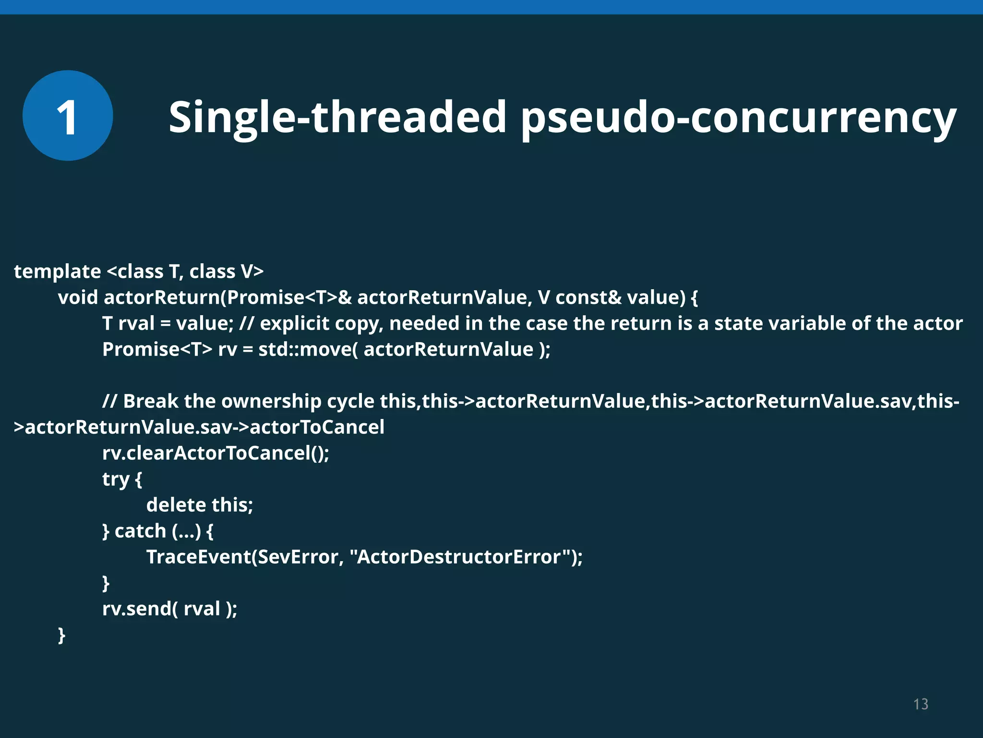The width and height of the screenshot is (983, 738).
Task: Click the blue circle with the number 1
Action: click(x=68, y=116)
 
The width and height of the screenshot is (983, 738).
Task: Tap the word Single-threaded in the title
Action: click(x=337, y=117)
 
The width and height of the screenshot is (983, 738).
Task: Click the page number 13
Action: click(x=921, y=704)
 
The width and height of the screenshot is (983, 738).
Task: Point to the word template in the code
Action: click(x=57, y=271)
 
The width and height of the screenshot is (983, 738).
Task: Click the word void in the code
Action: click(x=78, y=297)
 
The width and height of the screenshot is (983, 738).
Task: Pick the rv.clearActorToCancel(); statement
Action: click(x=216, y=453)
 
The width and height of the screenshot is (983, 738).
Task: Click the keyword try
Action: click(x=116, y=479)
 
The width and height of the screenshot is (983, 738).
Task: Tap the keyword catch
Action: click(x=140, y=531)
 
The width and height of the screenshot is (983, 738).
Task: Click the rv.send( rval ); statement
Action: click(x=169, y=609)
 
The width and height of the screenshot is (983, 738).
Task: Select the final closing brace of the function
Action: click(x=61, y=635)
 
